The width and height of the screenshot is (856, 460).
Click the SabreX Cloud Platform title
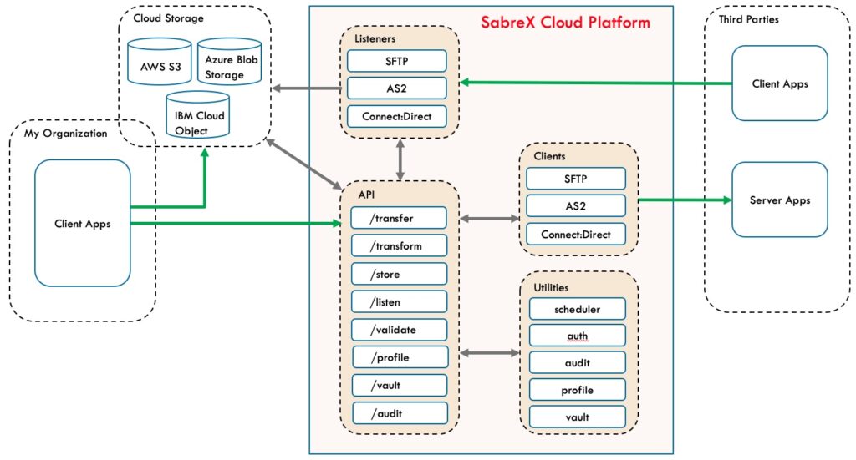(x=565, y=23)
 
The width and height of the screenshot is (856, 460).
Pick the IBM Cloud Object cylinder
(x=193, y=123)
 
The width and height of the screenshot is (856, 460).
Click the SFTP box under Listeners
(x=396, y=60)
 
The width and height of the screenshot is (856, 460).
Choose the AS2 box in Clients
(x=575, y=205)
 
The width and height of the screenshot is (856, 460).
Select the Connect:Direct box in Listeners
(x=396, y=116)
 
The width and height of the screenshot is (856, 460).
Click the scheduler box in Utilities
(x=577, y=309)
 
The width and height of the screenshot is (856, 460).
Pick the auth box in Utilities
(x=577, y=336)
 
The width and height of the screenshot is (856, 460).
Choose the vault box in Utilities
(x=577, y=417)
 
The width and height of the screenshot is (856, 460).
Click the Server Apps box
(x=779, y=200)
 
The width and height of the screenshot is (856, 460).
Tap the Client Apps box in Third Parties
(x=779, y=83)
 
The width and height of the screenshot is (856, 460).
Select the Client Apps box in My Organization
(x=82, y=224)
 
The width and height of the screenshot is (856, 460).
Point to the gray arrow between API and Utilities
(x=489, y=354)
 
